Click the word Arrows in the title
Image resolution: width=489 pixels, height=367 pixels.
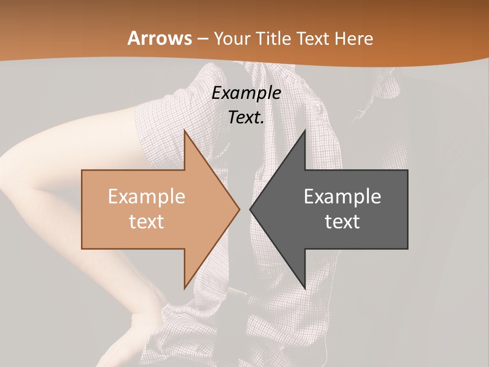(x=159, y=38)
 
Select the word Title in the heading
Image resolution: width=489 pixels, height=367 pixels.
(x=276, y=39)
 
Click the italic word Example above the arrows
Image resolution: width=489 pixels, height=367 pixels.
(x=247, y=93)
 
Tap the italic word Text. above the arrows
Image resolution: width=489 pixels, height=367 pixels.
(x=247, y=118)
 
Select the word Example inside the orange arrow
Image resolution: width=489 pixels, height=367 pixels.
(x=147, y=197)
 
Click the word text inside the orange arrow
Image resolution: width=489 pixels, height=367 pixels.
(x=147, y=222)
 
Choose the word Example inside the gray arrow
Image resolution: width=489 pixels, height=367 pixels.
(x=342, y=197)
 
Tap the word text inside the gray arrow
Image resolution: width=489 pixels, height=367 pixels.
(x=342, y=222)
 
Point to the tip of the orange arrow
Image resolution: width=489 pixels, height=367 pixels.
(x=239, y=209)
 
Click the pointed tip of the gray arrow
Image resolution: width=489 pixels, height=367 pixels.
(x=251, y=209)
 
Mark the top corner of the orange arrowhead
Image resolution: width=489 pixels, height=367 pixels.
(x=184, y=131)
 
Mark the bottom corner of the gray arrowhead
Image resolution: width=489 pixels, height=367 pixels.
(x=305, y=289)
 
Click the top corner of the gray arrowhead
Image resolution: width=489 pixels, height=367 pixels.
(x=305, y=131)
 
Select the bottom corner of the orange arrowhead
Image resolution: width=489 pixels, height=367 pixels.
(x=184, y=289)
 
